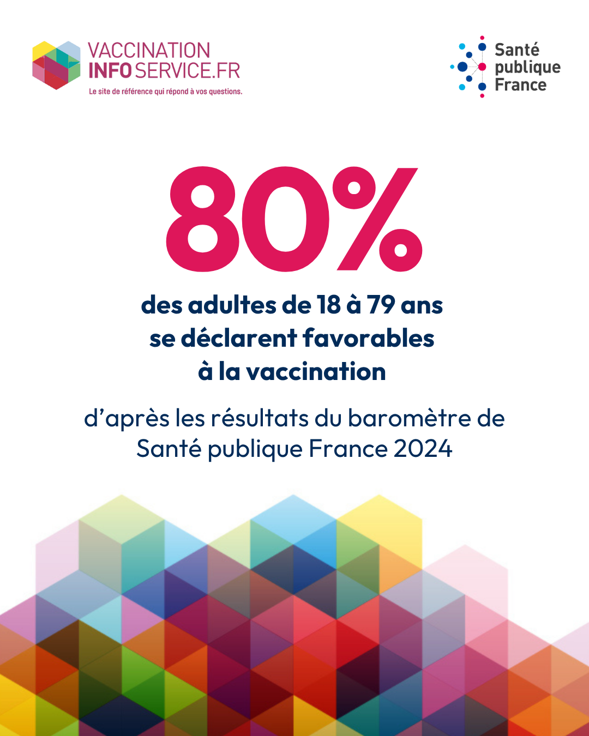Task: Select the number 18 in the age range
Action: (x=328, y=305)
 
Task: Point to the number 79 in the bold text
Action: (x=381, y=305)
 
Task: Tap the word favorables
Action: (x=369, y=339)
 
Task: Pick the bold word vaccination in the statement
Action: (x=316, y=372)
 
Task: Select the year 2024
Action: (x=423, y=449)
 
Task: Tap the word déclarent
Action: (x=239, y=339)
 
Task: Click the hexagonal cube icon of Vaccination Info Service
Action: (x=56, y=65)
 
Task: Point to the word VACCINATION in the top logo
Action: (x=149, y=51)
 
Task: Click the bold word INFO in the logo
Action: (x=110, y=71)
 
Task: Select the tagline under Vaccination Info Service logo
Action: (x=165, y=92)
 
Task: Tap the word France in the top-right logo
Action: (x=520, y=85)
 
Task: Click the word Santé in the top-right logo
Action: (x=517, y=50)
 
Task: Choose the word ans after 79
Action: (x=422, y=305)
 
